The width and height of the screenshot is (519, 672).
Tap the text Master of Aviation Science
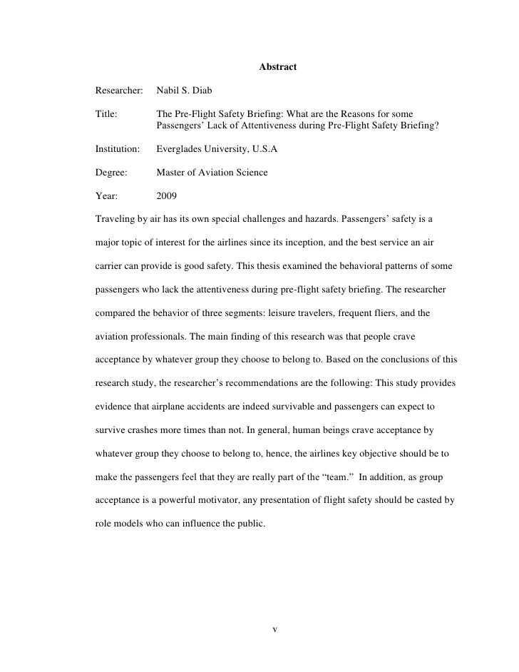click(x=212, y=173)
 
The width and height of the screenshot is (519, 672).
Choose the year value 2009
click(x=167, y=194)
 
